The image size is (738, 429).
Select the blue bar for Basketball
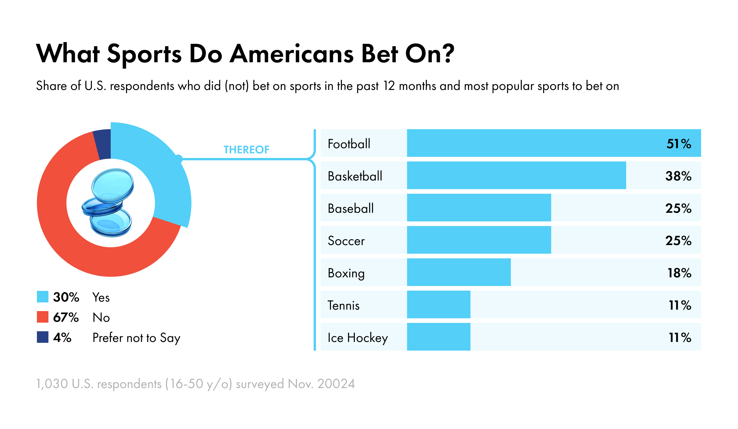(516, 175)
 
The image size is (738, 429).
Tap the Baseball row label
(351, 208)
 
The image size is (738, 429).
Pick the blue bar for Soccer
(479, 240)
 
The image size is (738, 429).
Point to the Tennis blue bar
(438, 304)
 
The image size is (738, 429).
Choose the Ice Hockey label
(357, 338)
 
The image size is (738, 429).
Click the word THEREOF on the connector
(246, 150)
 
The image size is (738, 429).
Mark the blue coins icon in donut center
(108, 203)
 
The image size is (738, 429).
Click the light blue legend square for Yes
(42, 297)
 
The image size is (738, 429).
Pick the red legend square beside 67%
(42, 317)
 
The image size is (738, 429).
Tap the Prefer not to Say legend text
(136, 338)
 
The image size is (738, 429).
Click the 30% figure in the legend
(66, 297)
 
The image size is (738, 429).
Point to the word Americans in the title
(291, 54)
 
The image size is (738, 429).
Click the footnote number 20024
(336, 384)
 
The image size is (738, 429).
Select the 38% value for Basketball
(678, 176)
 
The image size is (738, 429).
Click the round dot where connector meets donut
(179, 159)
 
